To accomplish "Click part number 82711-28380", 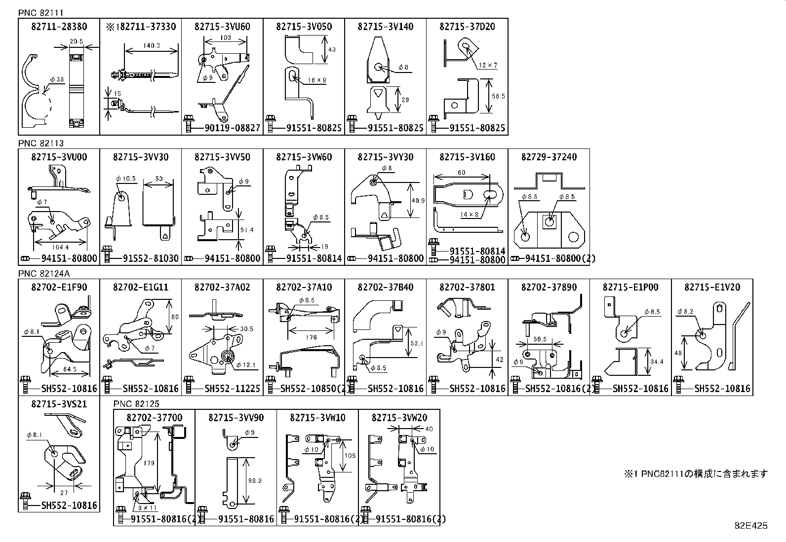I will point(59,27).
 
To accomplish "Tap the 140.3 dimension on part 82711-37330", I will point(151,45).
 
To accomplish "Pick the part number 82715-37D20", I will point(467,27).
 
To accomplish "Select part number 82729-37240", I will point(549,157).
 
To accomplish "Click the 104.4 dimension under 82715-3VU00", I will point(59,247).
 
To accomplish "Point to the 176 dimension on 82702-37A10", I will point(311,338).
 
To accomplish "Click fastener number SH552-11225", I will point(232,389).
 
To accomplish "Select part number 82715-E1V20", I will point(712,287).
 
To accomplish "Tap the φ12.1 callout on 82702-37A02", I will point(246,365).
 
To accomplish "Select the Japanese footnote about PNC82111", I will point(696,474).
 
